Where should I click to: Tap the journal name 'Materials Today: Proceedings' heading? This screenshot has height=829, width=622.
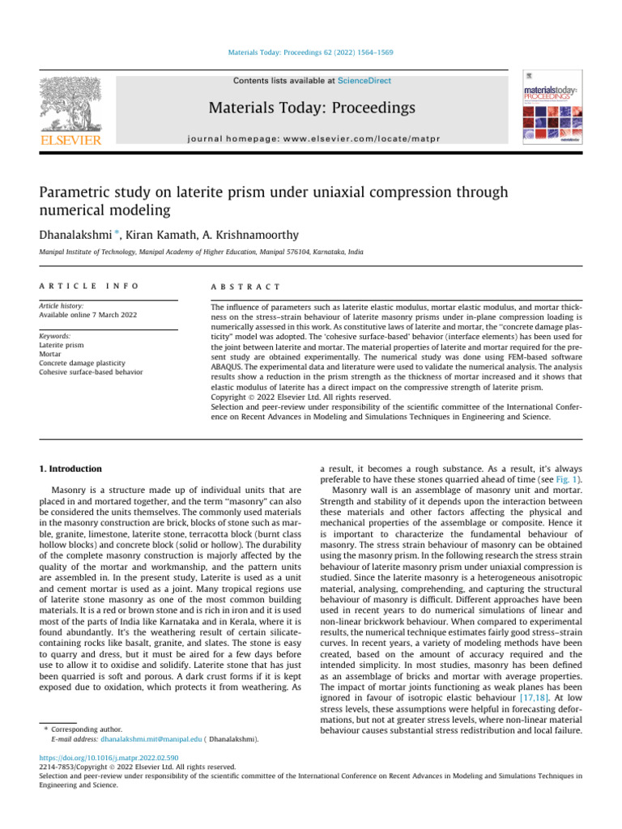pyautogui.click(x=313, y=108)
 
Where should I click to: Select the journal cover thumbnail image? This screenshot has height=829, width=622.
pyautogui.click(x=551, y=111)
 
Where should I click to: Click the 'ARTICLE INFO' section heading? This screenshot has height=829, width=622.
pyautogui.click(x=89, y=287)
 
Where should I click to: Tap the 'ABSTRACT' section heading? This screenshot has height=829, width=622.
pyautogui.click(x=245, y=287)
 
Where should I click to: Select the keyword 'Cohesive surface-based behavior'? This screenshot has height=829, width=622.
pyautogui.click(x=91, y=372)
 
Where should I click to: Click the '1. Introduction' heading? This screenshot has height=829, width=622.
pyautogui.click(x=71, y=469)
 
